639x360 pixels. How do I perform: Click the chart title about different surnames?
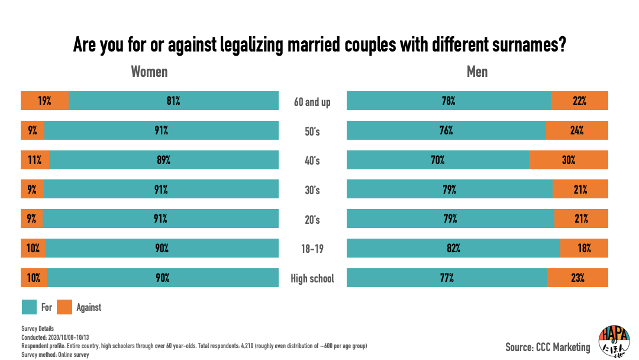(x=319, y=45)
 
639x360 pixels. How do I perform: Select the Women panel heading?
(x=149, y=72)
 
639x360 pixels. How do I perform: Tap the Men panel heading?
(x=477, y=72)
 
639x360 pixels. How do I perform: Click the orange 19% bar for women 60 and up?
(x=44, y=101)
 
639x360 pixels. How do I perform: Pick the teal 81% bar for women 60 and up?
(x=173, y=101)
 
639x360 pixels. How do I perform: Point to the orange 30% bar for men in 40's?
(x=568, y=160)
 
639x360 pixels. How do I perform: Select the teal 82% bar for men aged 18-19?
(x=453, y=249)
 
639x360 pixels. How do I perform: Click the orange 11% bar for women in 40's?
(x=35, y=160)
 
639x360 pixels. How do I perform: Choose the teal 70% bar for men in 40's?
(x=437, y=160)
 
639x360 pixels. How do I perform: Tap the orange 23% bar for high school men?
(x=577, y=278)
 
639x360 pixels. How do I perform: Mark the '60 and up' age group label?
(x=312, y=102)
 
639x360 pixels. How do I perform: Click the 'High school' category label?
(x=312, y=278)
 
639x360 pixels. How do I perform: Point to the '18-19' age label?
(x=312, y=249)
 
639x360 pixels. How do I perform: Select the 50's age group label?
(x=312, y=131)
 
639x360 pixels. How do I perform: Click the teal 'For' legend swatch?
(x=30, y=307)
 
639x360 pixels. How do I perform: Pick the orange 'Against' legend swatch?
(x=65, y=307)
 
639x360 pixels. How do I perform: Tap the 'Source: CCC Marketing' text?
(x=547, y=347)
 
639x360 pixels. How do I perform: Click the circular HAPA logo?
(x=614, y=341)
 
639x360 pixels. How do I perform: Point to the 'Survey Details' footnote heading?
(x=37, y=329)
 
